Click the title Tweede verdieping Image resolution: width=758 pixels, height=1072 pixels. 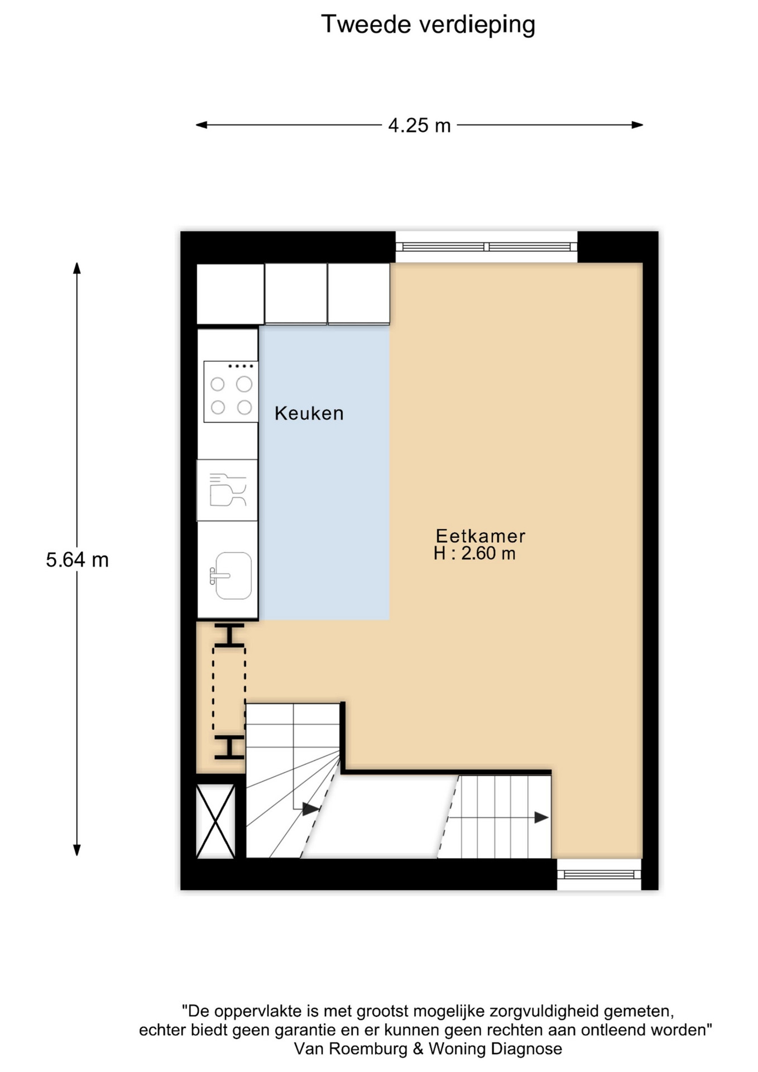(428, 25)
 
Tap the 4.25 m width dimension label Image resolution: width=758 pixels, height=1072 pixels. (419, 125)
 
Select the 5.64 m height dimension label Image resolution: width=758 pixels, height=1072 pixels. (77, 559)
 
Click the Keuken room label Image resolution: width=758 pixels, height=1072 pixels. (309, 413)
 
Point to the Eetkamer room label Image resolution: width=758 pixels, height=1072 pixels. (481, 536)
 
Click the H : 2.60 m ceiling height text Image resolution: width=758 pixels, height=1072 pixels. (474, 553)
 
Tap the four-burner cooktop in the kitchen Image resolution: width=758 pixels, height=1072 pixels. (231, 391)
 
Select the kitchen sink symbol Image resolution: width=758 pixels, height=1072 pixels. (231, 576)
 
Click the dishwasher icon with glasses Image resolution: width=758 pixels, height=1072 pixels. (227, 490)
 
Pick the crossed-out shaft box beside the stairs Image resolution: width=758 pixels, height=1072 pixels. (215, 821)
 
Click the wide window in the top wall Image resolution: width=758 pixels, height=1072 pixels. (486, 247)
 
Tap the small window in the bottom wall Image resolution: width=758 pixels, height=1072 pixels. (599, 874)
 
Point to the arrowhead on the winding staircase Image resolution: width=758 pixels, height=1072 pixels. (311, 808)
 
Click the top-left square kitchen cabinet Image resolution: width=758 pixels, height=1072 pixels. (230, 294)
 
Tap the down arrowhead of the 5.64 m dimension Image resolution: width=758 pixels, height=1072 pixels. (77, 850)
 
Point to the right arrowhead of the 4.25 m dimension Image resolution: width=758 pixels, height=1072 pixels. (637, 125)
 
